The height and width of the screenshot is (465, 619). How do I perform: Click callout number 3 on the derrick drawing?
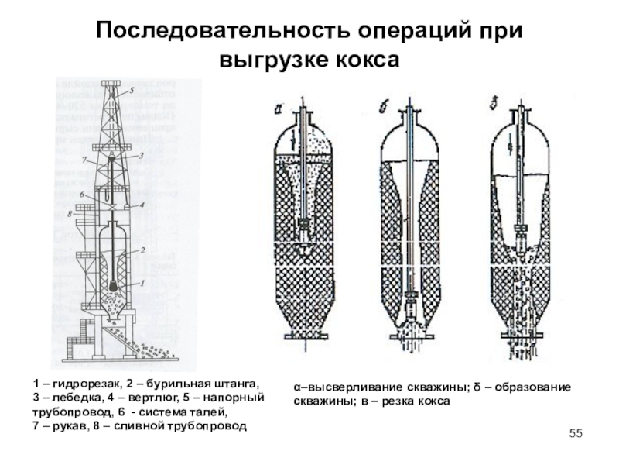click(142, 155)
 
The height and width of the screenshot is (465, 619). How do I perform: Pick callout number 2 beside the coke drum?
click(142, 250)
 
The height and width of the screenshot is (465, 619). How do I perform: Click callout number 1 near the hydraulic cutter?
click(142, 284)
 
